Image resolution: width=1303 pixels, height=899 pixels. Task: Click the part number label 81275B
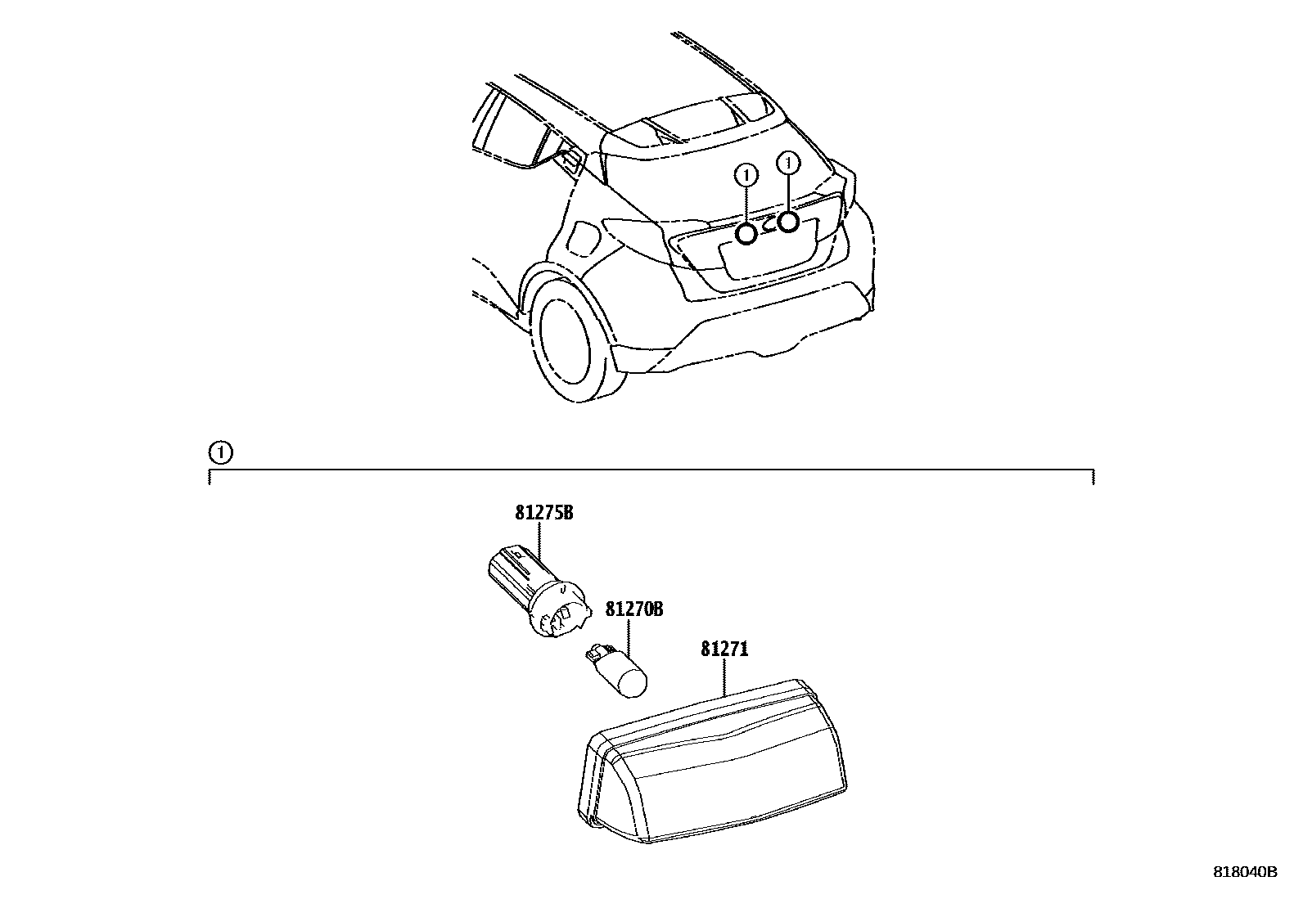click(x=544, y=513)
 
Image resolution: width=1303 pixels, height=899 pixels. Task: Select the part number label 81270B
click(x=634, y=609)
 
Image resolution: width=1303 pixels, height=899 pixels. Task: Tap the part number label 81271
click(x=724, y=649)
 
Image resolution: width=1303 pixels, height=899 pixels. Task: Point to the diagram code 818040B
click(x=1245, y=872)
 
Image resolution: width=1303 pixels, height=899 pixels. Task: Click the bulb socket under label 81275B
click(x=538, y=591)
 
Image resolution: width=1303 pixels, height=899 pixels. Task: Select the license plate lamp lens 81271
click(x=713, y=761)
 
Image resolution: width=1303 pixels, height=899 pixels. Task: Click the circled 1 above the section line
click(x=220, y=452)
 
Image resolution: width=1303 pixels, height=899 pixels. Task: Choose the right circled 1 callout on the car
click(x=788, y=163)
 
